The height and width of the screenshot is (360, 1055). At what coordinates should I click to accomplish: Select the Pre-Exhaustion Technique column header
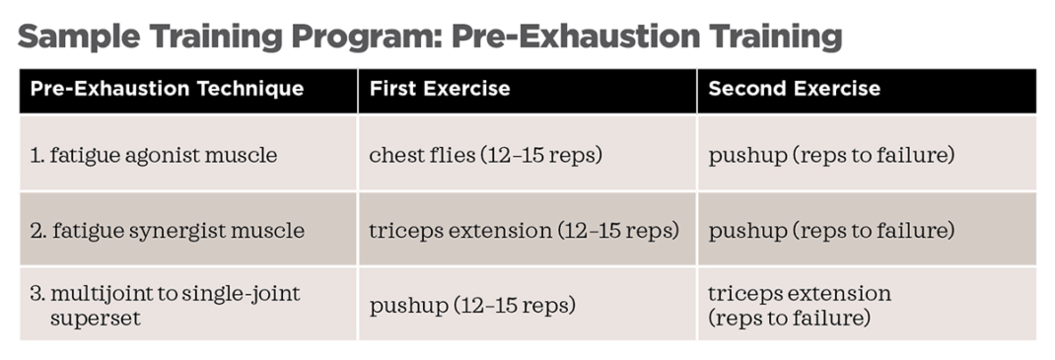(x=167, y=89)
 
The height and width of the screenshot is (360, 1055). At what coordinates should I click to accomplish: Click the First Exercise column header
(x=440, y=89)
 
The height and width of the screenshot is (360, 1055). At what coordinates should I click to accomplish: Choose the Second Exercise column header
(x=794, y=89)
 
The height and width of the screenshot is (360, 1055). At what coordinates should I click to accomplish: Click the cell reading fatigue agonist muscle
(x=154, y=156)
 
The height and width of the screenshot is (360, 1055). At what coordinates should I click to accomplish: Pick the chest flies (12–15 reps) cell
(x=485, y=156)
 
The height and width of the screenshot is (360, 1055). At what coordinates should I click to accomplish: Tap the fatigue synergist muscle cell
(x=168, y=231)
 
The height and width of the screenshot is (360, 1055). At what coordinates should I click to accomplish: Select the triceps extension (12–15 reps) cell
(x=524, y=231)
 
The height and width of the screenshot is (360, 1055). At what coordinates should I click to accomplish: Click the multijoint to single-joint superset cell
(x=166, y=306)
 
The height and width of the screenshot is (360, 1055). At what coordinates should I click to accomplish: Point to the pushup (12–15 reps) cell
(x=471, y=306)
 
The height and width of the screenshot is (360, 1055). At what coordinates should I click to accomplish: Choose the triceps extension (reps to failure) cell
(x=800, y=306)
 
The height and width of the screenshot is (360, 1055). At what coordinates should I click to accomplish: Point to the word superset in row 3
(x=95, y=318)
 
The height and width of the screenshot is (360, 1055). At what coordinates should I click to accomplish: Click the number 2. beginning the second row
(x=37, y=232)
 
